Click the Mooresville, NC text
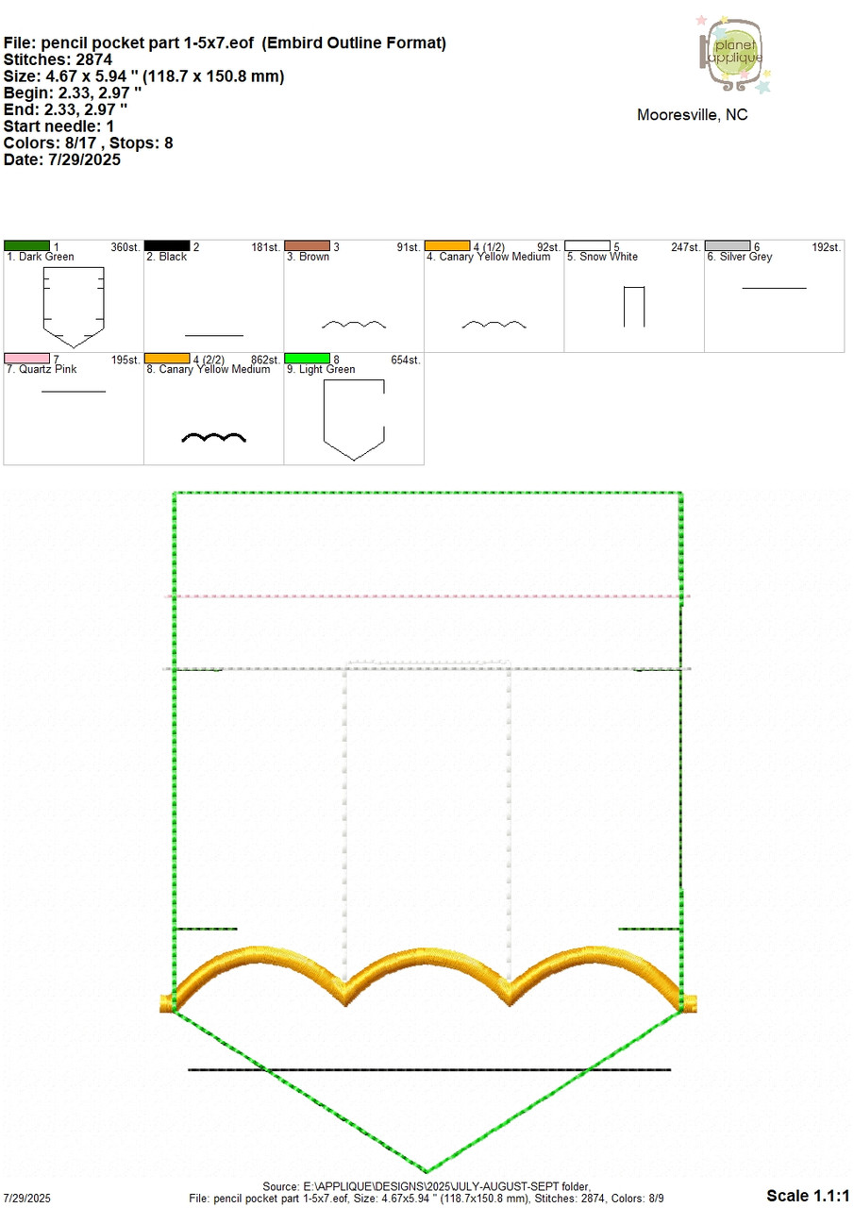[692, 115]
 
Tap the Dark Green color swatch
[27, 246]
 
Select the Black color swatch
[167, 246]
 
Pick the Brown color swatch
[308, 246]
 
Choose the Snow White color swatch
[587, 246]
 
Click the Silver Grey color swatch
[728, 246]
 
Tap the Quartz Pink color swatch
[27, 359]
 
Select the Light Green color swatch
[308, 359]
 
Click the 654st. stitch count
[406, 360]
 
